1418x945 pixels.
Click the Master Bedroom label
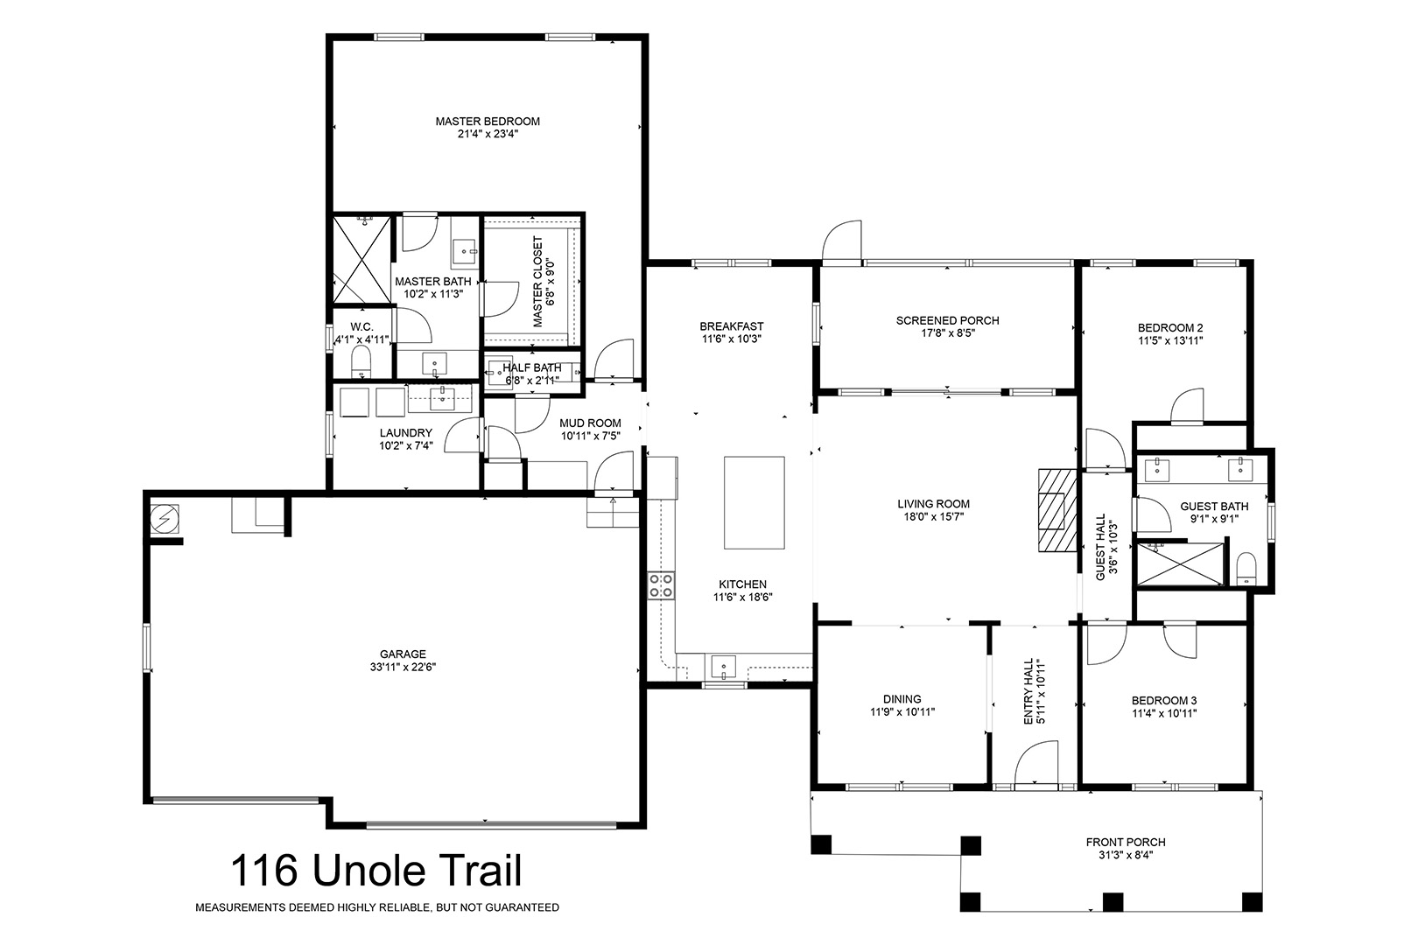[x=488, y=121]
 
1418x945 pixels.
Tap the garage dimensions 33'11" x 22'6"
[x=404, y=667]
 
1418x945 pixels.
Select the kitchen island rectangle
[x=754, y=502]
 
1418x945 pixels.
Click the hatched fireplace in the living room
[x=1057, y=510]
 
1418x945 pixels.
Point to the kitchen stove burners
[x=660, y=585]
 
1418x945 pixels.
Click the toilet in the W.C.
[x=361, y=361]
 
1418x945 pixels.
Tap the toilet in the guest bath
[x=1246, y=569]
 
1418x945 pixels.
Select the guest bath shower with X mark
[x=1181, y=563]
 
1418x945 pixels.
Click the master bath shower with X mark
[x=362, y=260]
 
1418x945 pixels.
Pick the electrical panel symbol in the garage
[x=165, y=520]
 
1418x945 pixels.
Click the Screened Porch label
[x=948, y=321]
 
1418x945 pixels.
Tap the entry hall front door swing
[x=1036, y=763]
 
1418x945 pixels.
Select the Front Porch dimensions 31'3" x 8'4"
[x=1126, y=855]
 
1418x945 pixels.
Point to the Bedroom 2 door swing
[x=1186, y=406]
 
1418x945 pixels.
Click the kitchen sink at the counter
[x=724, y=667]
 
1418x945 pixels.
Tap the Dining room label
[x=902, y=699]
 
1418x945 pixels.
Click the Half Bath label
[x=532, y=367]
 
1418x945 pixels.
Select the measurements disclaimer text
[x=377, y=907]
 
